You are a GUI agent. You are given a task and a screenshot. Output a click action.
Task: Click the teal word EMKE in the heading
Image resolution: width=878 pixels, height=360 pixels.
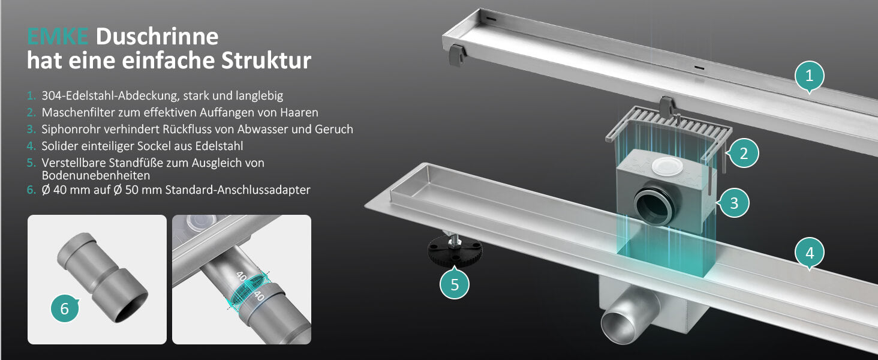[57, 37]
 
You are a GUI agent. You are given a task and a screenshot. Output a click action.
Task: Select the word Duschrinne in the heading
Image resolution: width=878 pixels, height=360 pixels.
[157, 37]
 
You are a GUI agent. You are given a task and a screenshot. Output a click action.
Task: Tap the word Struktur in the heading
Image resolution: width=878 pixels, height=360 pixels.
[266, 61]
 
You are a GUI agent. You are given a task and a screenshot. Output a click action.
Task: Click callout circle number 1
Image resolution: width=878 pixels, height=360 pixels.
[810, 76]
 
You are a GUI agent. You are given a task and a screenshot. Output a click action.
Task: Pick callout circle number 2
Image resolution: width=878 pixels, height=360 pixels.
[743, 153]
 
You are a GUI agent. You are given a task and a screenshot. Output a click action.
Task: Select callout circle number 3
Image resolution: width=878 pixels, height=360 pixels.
[733, 203]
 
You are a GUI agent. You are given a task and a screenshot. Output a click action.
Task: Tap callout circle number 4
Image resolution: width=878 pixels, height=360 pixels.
[810, 253]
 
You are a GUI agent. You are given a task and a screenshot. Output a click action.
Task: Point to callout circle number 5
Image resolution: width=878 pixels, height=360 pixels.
[454, 284]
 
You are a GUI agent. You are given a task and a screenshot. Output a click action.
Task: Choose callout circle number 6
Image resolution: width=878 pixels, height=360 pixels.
[65, 308]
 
